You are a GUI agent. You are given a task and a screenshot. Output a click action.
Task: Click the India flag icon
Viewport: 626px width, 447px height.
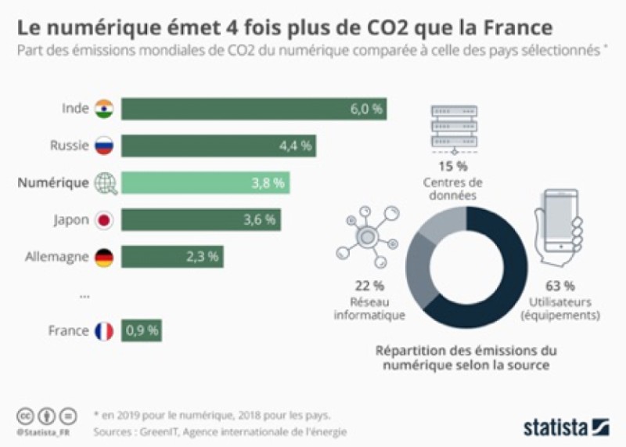(104, 109)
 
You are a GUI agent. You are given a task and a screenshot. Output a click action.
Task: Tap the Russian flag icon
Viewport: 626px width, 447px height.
(104, 146)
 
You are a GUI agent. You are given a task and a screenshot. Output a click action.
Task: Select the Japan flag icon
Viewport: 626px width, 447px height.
(104, 220)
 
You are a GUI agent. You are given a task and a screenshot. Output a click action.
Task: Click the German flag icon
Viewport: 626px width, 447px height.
(104, 257)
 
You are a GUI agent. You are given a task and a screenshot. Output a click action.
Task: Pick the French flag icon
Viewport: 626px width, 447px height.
(104, 331)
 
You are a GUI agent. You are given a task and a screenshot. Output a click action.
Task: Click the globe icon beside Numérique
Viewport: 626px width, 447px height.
(105, 183)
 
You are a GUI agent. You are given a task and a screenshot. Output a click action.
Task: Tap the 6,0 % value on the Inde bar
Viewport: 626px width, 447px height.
(365, 110)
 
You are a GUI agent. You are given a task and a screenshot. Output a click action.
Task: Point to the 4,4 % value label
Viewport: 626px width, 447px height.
(296, 146)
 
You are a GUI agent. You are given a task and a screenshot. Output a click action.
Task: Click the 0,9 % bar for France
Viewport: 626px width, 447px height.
(142, 331)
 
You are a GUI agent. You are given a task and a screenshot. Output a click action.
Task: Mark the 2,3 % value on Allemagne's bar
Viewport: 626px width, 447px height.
(203, 257)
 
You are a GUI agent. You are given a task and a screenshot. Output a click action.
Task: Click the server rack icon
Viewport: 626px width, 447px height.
(453, 128)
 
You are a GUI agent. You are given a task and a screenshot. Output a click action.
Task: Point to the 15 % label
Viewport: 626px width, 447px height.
(452, 167)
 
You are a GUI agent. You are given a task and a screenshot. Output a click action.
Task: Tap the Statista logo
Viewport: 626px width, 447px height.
(565, 427)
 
